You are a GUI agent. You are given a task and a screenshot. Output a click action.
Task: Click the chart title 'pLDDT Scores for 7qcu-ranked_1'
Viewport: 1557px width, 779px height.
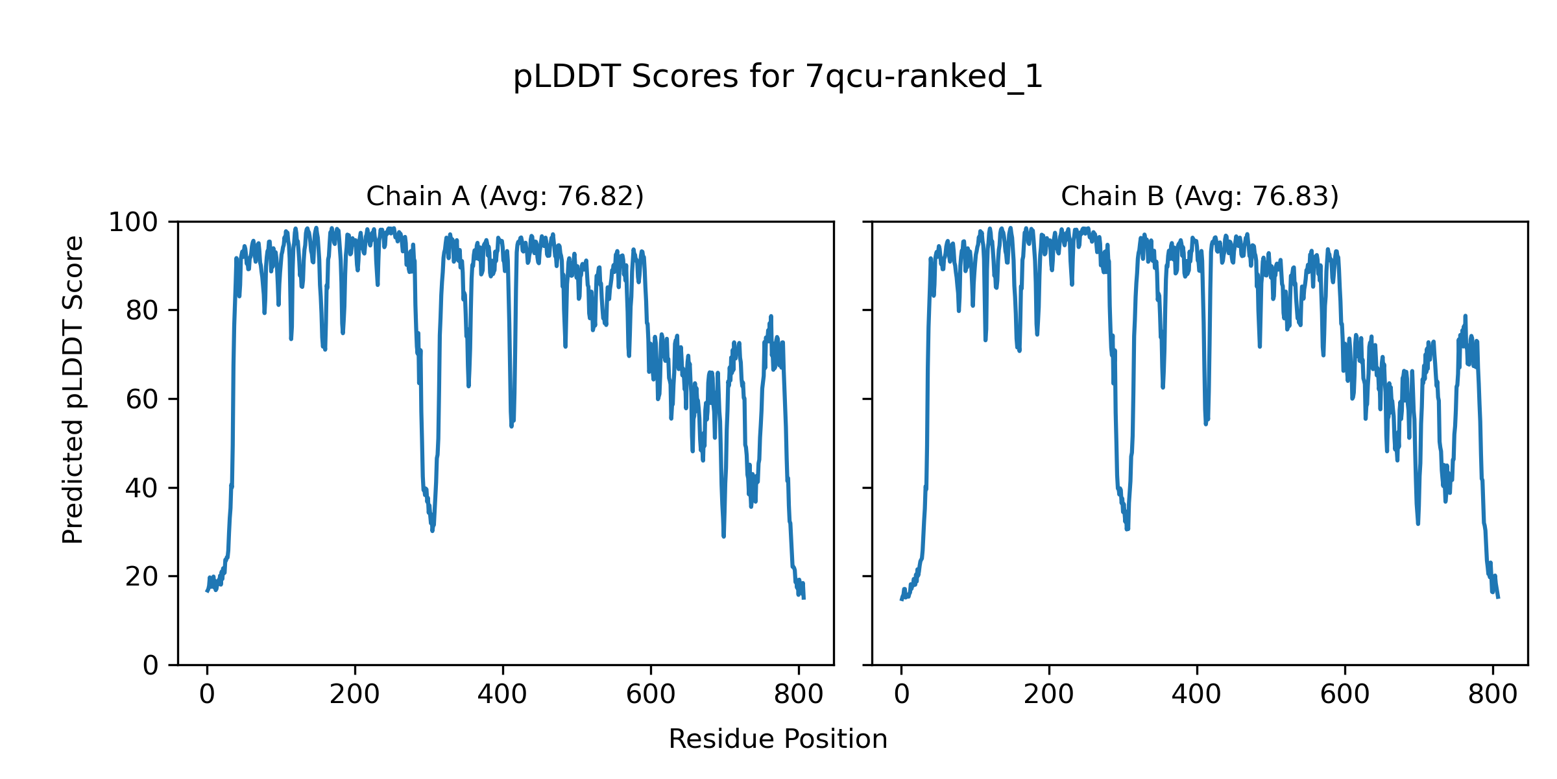coord(778,77)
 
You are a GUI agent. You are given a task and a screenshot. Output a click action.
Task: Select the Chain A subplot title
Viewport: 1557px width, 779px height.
coord(505,196)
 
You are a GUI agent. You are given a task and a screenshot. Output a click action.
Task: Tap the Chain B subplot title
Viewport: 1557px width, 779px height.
coord(1200,196)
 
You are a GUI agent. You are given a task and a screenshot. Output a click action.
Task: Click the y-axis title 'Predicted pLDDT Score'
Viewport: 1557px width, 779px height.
coord(73,389)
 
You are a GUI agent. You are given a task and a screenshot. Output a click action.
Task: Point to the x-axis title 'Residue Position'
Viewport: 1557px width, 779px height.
coord(778,739)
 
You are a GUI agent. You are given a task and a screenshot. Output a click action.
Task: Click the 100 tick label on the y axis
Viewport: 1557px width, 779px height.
coord(133,223)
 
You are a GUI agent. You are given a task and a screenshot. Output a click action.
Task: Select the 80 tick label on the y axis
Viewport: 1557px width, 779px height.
coord(142,311)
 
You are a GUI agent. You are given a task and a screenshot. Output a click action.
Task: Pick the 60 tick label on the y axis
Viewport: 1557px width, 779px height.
coord(142,399)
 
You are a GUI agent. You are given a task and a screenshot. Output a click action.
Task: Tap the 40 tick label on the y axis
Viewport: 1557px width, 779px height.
coord(142,488)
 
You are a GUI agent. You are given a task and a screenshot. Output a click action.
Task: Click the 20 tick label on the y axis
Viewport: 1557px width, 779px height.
coord(142,576)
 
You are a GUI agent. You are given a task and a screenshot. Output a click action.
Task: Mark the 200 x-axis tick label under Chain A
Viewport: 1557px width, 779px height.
coord(355,695)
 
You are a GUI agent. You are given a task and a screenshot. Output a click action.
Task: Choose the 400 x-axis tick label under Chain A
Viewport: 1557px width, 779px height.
coord(503,695)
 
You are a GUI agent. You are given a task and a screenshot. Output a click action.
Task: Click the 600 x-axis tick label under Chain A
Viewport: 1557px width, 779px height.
coord(651,695)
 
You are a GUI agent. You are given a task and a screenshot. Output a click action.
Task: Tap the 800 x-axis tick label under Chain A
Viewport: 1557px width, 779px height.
coord(799,695)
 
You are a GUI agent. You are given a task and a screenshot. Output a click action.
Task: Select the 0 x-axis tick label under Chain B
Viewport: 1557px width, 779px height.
coord(901,695)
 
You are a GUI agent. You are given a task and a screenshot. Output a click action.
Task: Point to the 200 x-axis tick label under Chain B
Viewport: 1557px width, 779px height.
coord(1049,695)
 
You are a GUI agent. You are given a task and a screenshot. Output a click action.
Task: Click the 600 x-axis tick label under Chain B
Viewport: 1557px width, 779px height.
coord(1345,695)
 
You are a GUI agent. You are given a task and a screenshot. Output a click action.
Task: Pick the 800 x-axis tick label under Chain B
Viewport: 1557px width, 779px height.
coord(1493,695)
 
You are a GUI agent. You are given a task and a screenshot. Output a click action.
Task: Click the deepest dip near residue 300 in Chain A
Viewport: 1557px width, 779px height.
coord(432,530)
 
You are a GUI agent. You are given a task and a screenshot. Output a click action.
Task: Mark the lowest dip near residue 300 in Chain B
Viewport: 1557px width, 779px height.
coord(1127,529)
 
